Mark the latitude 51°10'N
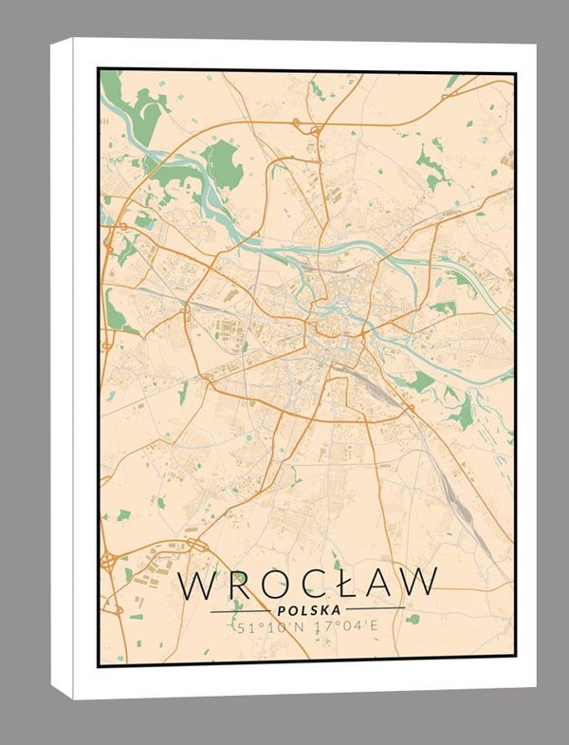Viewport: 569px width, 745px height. click(x=271, y=627)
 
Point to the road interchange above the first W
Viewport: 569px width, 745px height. click(x=196, y=545)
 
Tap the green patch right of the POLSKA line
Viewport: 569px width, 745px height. click(x=413, y=619)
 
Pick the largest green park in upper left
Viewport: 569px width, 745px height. click(x=222, y=163)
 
